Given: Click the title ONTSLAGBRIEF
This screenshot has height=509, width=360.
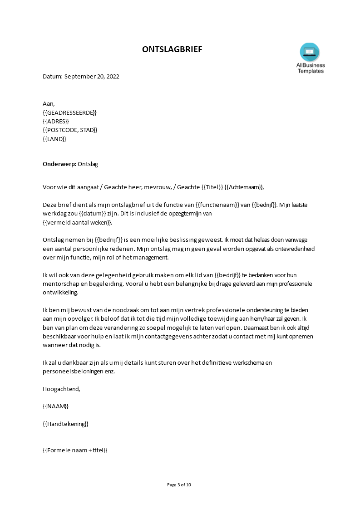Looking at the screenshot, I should click(172, 49).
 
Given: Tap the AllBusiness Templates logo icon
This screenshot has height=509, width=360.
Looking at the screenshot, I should click(310, 52).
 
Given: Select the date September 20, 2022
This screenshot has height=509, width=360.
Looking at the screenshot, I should click(92, 77).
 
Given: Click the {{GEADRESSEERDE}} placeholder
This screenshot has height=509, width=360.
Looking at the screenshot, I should click(69, 113).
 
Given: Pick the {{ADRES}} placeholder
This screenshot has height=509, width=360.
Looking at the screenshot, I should click(56, 121).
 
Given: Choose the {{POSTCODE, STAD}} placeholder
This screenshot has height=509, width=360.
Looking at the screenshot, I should click(70, 130).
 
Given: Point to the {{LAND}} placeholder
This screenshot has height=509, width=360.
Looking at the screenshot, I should click(54, 139).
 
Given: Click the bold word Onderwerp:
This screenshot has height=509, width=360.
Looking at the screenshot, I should click(59, 164).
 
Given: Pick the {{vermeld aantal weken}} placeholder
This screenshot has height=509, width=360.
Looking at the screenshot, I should click(77, 222).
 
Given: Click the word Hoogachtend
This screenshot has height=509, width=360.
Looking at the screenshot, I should click(61, 389).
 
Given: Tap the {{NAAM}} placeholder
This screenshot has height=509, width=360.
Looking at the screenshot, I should click(56, 406).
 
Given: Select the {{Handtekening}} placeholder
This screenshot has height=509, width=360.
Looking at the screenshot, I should click(65, 424).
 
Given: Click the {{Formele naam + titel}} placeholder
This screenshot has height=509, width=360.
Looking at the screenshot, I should click(75, 450).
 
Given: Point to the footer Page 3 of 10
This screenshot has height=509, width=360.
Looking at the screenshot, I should click(179, 485).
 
